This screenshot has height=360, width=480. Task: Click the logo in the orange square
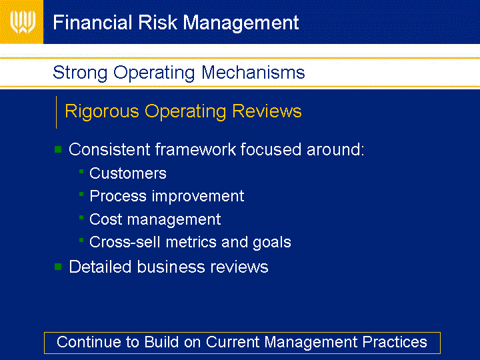click(x=23, y=22)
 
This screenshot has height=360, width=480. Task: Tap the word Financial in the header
click(x=93, y=23)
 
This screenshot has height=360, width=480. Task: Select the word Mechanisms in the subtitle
click(x=253, y=73)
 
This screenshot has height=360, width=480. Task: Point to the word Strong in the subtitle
click(x=80, y=73)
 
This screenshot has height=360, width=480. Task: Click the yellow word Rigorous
click(x=102, y=111)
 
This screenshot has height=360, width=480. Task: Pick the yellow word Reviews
click(x=267, y=111)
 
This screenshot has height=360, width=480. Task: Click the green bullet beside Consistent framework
click(x=58, y=149)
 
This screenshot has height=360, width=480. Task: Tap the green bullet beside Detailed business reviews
click(x=58, y=267)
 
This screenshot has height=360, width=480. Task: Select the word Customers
click(x=128, y=173)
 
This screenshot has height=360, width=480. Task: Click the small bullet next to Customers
click(x=81, y=171)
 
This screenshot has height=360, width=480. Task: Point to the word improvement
click(x=198, y=196)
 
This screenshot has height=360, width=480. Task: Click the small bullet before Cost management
click(x=81, y=217)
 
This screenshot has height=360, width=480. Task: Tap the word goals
click(x=272, y=243)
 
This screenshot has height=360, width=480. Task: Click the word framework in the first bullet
click(x=195, y=149)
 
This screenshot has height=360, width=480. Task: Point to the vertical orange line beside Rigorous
click(x=56, y=113)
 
